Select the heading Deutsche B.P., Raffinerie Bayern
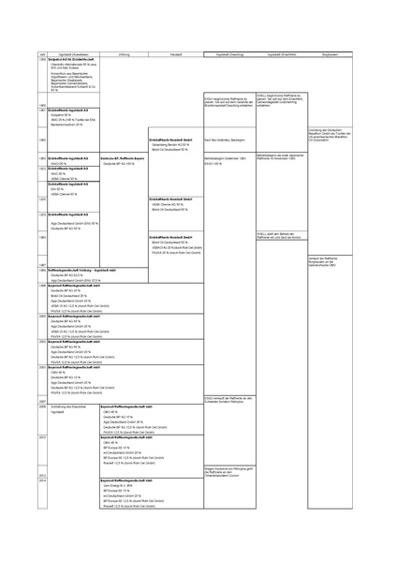click(125, 158)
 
